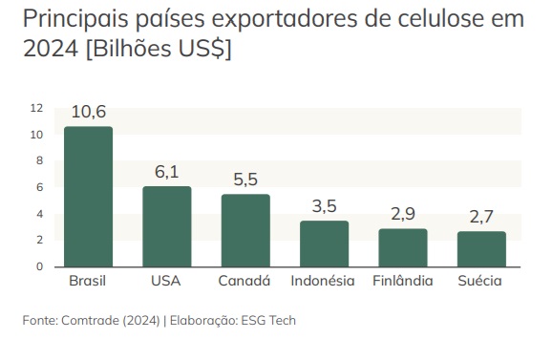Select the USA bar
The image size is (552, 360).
(x=167, y=226)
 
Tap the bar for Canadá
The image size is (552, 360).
(x=245, y=230)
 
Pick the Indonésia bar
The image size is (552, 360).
(x=324, y=244)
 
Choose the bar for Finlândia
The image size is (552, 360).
(x=402, y=247)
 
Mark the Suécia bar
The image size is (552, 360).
(x=481, y=248)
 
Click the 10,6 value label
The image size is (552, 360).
(x=88, y=113)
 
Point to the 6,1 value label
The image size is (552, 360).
(x=167, y=172)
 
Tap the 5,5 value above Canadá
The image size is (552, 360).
(x=245, y=180)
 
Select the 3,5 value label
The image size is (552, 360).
(x=324, y=206)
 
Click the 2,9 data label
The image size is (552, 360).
(x=402, y=214)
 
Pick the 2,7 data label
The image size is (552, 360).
(x=481, y=217)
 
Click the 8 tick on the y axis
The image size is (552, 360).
(x=39, y=160)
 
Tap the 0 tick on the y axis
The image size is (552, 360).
(x=39, y=266)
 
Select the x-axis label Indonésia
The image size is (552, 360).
(x=324, y=281)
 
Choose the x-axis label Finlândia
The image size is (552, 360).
(x=402, y=281)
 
